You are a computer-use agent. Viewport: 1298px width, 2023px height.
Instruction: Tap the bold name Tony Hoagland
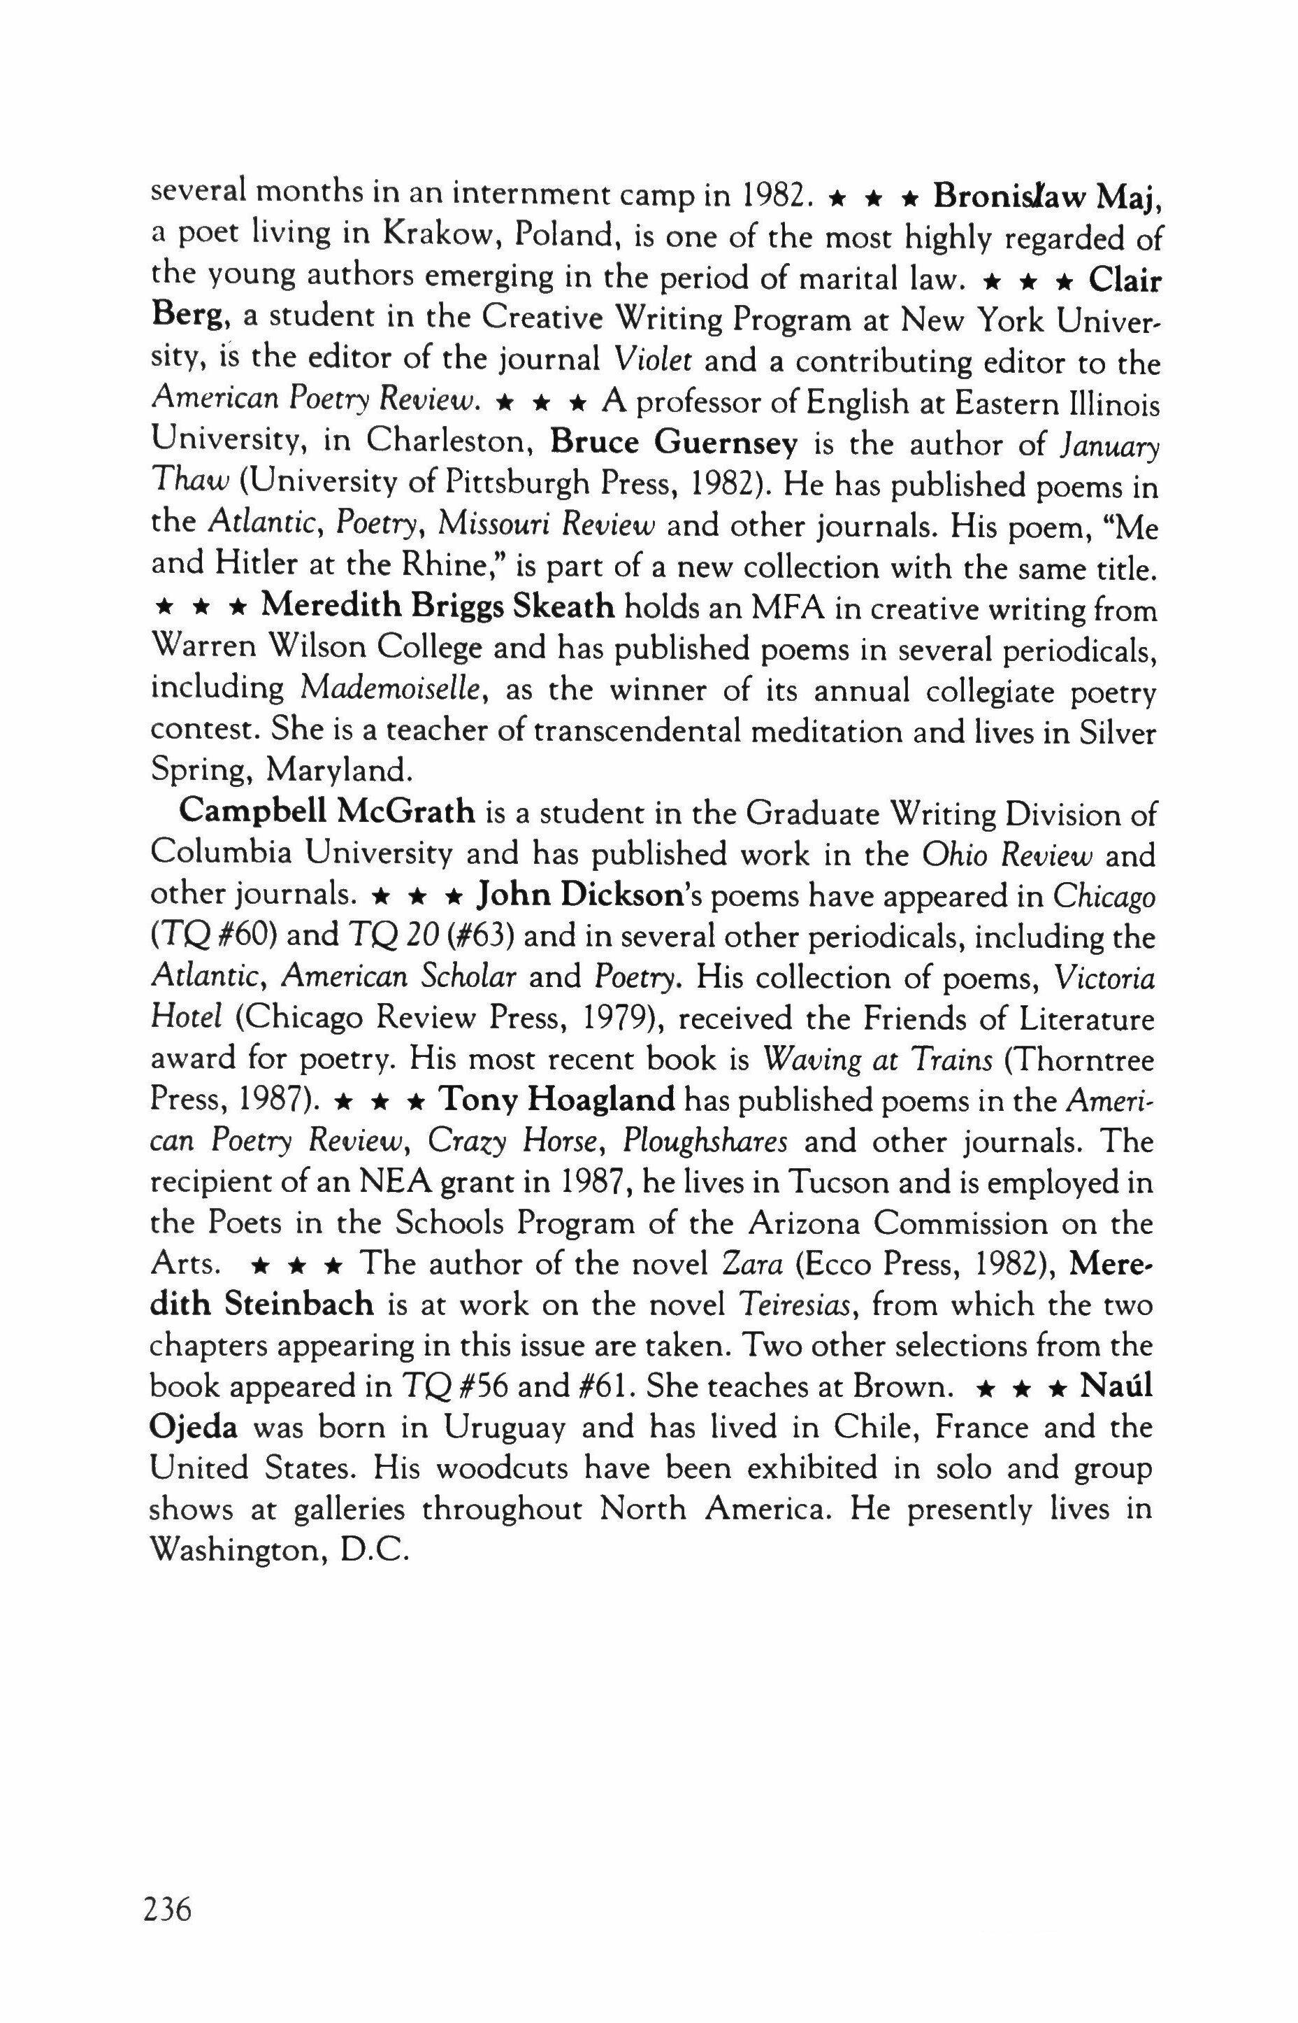click(x=558, y=1100)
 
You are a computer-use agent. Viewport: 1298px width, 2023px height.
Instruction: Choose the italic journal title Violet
click(x=654, y=360)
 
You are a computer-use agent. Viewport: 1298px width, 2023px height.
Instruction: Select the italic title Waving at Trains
click(x=877, y=1059)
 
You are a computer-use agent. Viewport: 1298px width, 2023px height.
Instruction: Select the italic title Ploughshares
click(x=705, y=1141)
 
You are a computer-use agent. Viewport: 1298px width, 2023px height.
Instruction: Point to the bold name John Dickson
click(x=579, y=895)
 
